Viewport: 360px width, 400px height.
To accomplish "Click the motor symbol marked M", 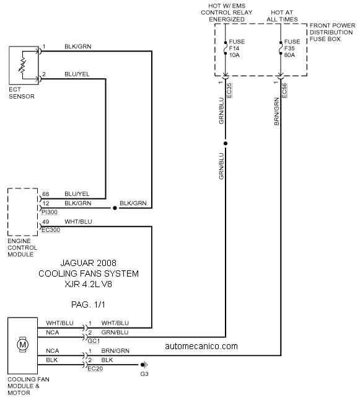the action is coord(23,345).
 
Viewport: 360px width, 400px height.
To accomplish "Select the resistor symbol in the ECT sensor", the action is coord(22,65).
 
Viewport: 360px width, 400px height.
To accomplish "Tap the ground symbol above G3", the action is coord(144,365).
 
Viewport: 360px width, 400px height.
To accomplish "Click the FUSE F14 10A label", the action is coord(237,48).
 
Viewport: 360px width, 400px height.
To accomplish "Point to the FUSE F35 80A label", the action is coord(292,48).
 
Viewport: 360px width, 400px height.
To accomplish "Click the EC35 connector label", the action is coord(229,91).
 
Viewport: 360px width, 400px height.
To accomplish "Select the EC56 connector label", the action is coord(284,91).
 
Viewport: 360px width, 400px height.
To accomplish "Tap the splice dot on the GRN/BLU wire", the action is coord(226,143).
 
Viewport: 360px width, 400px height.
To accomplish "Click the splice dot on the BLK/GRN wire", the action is coord(115,208).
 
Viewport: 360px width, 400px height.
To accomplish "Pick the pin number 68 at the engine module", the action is coord(46,194).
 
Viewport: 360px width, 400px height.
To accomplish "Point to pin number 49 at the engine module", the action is coord(46,221).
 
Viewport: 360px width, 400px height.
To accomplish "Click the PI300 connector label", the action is coord(50,212).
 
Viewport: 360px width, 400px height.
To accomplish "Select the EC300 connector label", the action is coord(51,230).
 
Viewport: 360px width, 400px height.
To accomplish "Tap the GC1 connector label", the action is coord(94,341).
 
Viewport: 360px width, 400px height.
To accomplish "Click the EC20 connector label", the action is coord(95,368).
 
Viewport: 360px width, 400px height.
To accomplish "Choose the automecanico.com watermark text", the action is coord(201,346).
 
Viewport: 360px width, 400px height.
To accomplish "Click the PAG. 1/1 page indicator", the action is coord(88,304).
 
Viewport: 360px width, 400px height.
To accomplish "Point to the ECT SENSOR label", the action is coord(22,93).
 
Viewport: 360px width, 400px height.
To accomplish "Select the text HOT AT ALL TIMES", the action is coord(282,16).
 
